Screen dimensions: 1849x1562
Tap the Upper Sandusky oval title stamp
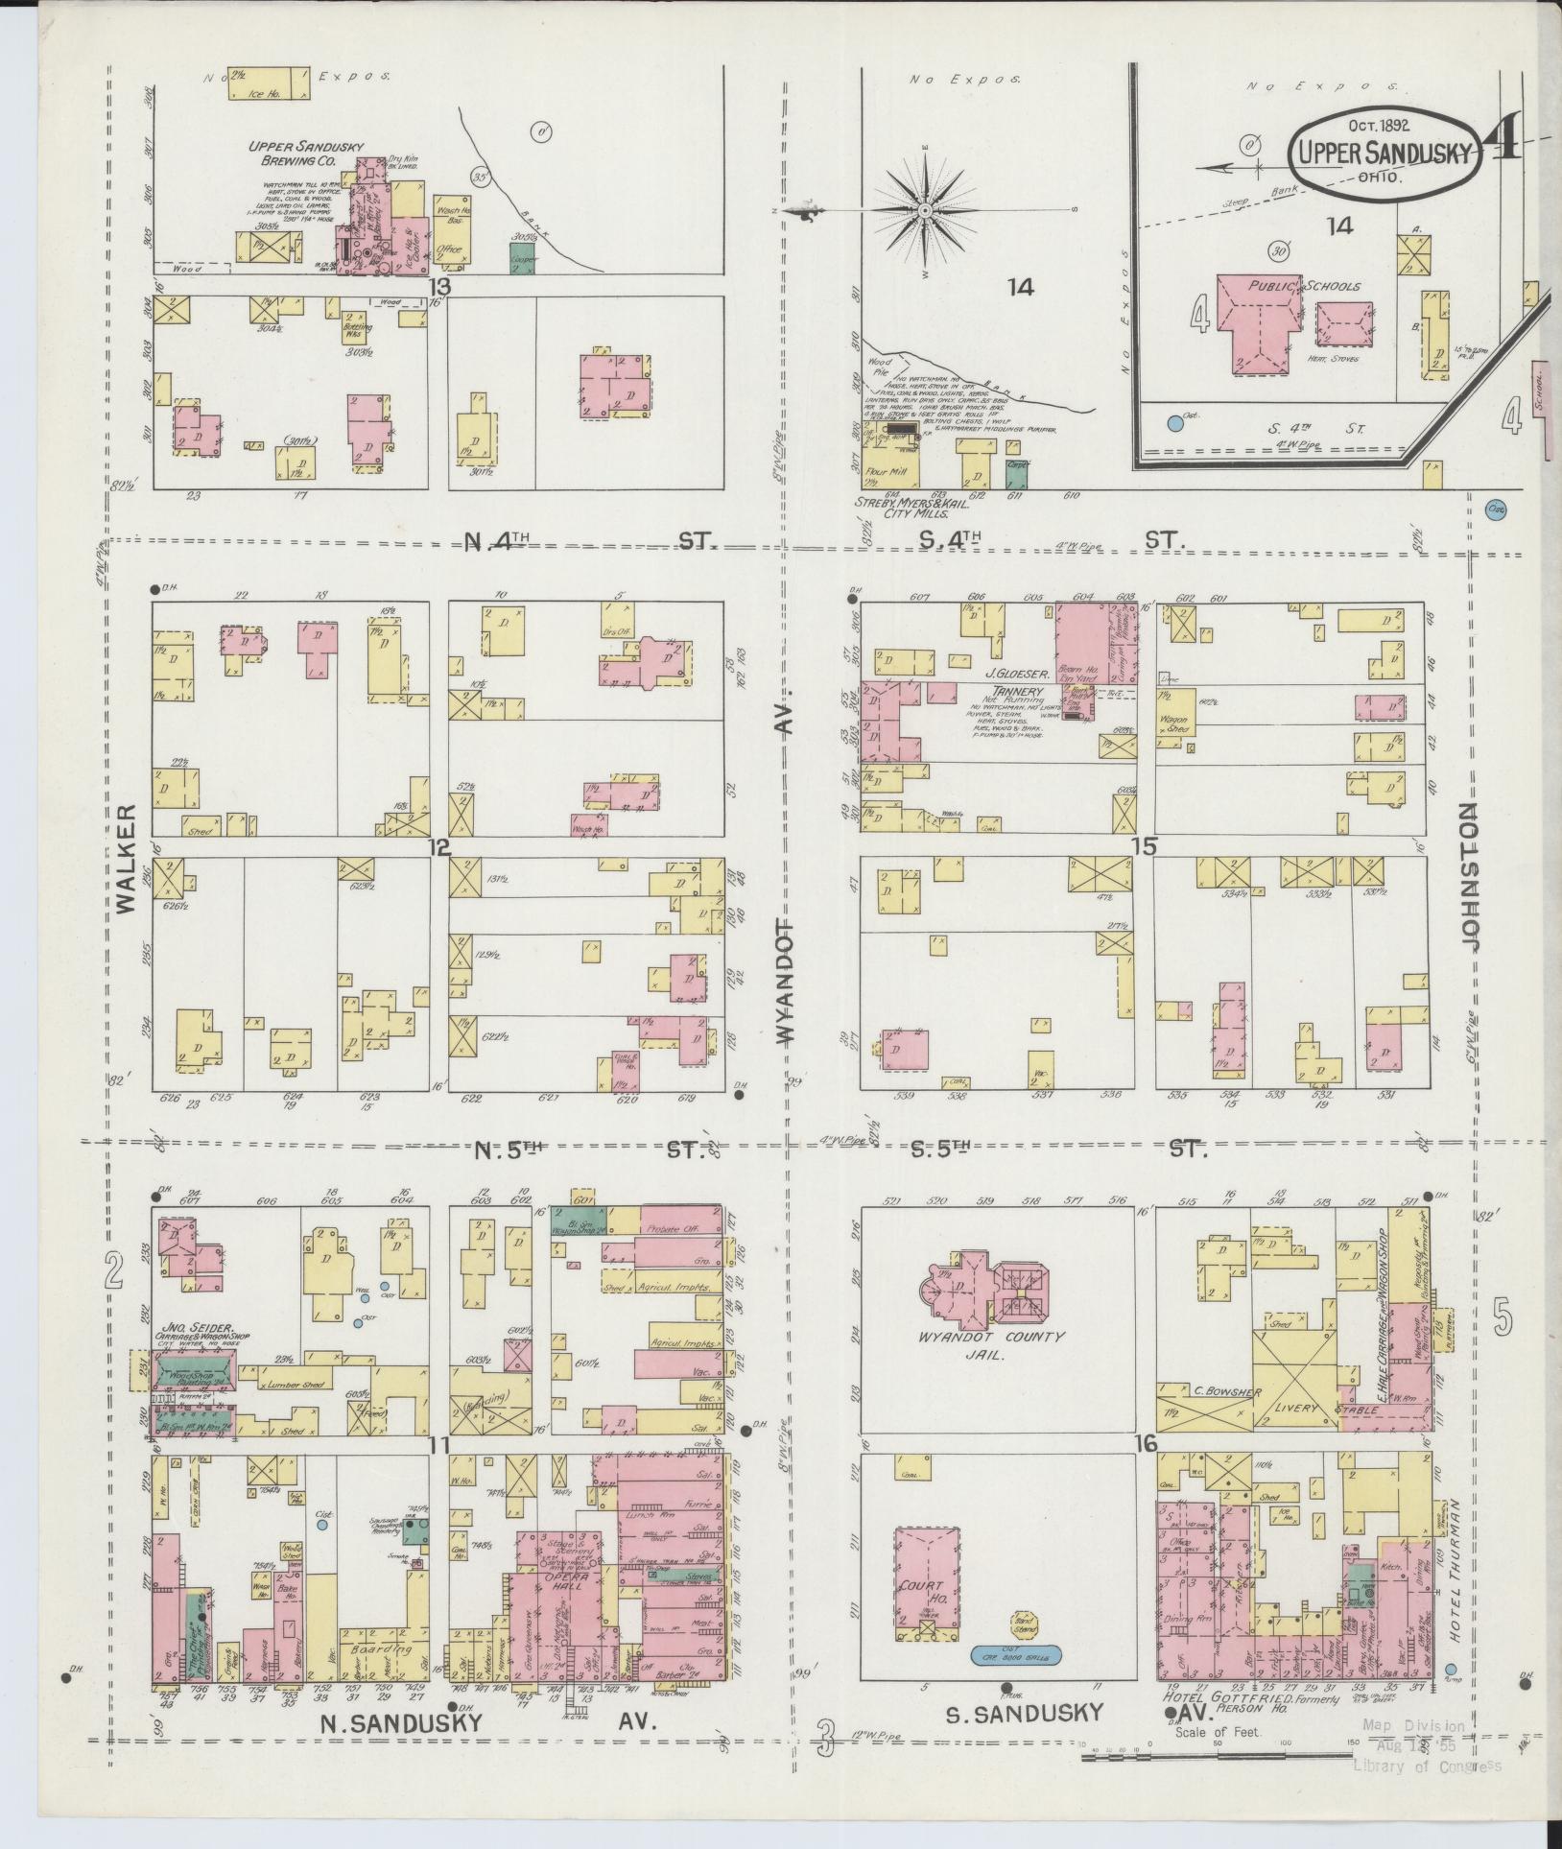click(x=1384, y=151)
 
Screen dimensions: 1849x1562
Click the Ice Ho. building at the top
click(x=270, y=83)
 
